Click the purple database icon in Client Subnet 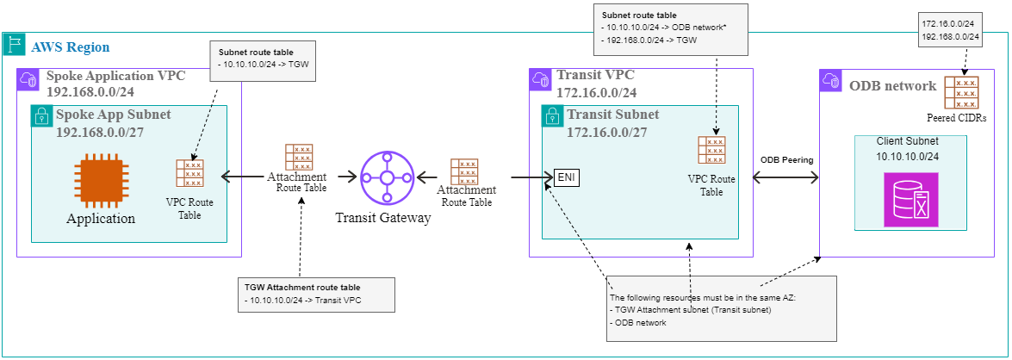point(910,199)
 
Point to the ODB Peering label point(786,161)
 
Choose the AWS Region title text point(70,46)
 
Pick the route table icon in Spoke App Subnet point(189,173)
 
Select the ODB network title point(892,85)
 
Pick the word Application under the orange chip point(101,218)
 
